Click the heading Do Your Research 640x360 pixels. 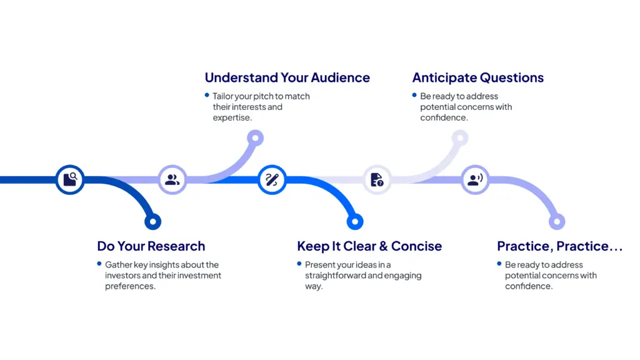coord(151,246)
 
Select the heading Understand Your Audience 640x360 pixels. coord(287,78)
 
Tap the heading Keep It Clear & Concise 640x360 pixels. coord(369,246)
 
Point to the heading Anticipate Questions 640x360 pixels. coord(477,78)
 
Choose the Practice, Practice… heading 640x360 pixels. coord(559,246)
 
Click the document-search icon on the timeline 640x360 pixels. coord(70,180)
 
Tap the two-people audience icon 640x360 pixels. coord(172,180)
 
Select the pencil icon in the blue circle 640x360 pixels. coord(272,180)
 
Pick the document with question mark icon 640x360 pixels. coord(377,180)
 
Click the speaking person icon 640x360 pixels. coord(475,180)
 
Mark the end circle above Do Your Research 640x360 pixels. coord(152,221)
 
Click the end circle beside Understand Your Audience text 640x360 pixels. coord(255,138)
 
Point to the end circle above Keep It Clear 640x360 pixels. coord(354,221)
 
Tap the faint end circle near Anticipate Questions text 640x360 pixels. coord(459,138)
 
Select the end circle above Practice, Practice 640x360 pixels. coord(557,221)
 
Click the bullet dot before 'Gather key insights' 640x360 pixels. coord(99,264)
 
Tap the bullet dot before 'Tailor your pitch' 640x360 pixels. coord(207,95)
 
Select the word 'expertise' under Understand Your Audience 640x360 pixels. coord(231,117)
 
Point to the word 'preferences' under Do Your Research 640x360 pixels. coord(129,286)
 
